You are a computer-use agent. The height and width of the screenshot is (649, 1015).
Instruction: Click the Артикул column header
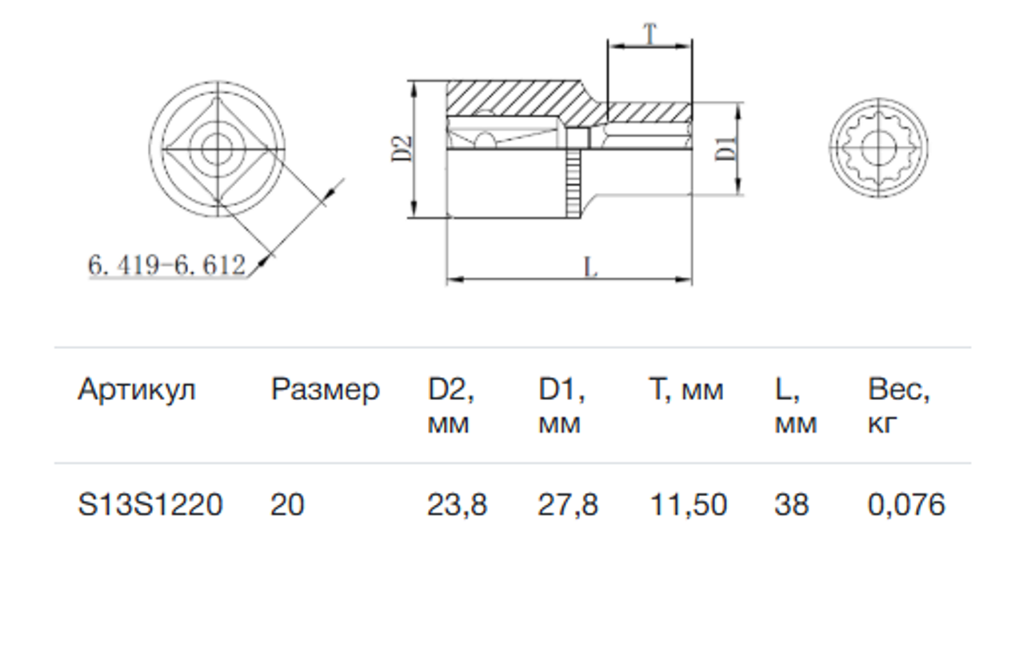[137, 390]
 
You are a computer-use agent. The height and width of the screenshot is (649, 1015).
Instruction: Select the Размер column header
[325, 391]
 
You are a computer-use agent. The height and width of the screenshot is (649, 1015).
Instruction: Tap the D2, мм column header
[451, 406]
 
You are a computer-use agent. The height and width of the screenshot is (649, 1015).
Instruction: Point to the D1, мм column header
[561, 406]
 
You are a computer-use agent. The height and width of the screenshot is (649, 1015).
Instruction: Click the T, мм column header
[686, 390]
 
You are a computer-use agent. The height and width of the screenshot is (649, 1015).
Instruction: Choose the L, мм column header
[796, 406]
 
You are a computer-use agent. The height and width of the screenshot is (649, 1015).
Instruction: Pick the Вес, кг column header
[898, 406]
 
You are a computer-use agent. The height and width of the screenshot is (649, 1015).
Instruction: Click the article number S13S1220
[150, 504]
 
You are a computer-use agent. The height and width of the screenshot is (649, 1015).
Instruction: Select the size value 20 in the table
[287, 504]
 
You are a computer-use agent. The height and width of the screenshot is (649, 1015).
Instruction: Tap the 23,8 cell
[457, 505]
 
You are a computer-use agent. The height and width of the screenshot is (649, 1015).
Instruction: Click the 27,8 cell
[568, 505]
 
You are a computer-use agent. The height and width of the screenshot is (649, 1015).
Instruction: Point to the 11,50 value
[689, 505]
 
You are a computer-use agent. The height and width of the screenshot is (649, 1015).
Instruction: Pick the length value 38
[792, 504]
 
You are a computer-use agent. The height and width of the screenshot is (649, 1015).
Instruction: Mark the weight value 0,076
[906, 505]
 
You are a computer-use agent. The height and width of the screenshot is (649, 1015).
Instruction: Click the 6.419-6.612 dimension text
[166, 265]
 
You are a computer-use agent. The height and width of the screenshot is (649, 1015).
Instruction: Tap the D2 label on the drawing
[402, 149]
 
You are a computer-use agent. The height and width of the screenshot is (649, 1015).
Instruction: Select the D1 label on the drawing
[726, 148]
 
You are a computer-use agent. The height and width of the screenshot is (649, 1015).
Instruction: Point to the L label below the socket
[590, 267]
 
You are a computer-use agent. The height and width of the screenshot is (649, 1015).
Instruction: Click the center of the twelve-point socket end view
[879, 148]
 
